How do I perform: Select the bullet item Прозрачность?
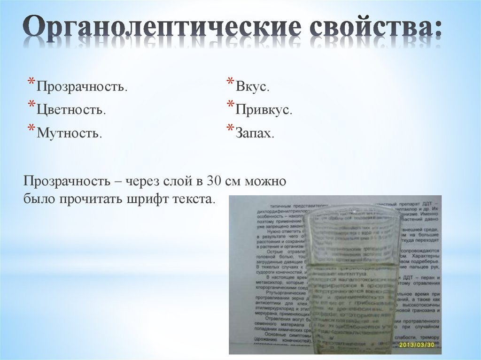tap(82, 87)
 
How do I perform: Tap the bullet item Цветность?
tap(71, 110)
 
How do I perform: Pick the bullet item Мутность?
tap(69, 133)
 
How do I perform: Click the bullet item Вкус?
tap(252, 87)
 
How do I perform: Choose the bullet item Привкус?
tap(264, 110)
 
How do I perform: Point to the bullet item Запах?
tap(255, 133)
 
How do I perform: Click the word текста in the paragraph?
tap(193, 199)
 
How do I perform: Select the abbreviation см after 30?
tap(235, 181)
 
